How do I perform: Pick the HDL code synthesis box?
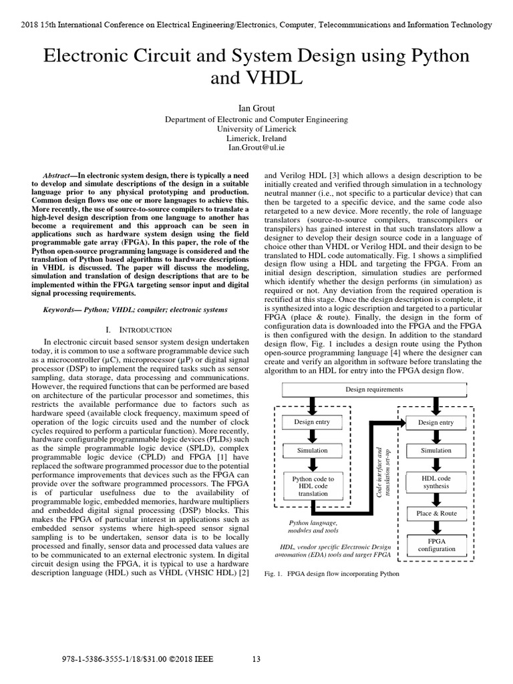coord(436,483)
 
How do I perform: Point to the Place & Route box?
coord(436,513)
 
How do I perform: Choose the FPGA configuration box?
coord(436,544)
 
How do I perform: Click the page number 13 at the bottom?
coord(256,659)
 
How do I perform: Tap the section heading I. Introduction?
coord(139,329)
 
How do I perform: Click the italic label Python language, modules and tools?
coord(313,526)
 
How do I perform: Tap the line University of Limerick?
coord(256,128)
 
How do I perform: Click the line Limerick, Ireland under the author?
coord(256,138)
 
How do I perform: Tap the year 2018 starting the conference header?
coord(31,25)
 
